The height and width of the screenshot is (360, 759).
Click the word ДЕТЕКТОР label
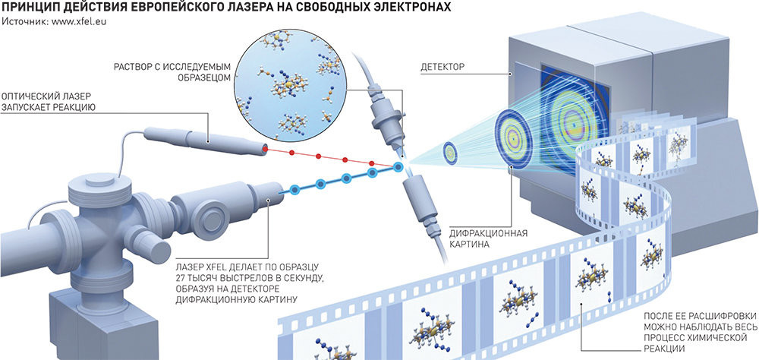click(x=443, y=68)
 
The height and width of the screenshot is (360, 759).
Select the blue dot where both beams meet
click(x=398, y=166)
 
